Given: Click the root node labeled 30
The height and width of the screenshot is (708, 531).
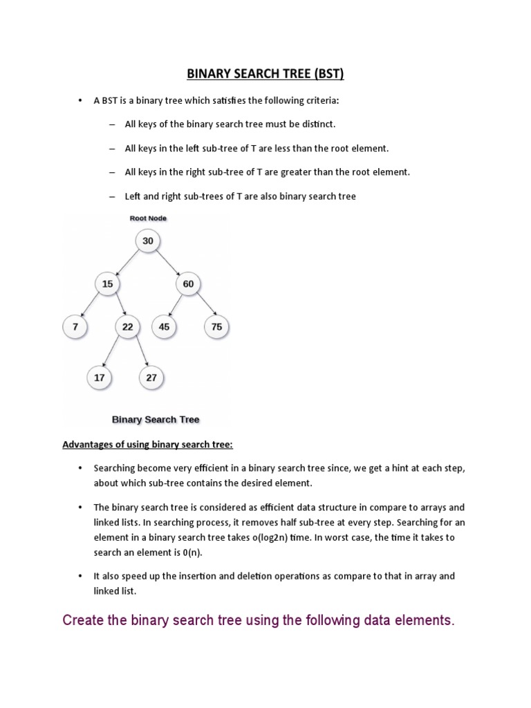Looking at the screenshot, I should click(x=148, y=241).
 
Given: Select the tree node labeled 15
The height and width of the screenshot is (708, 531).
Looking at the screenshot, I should click(x=107, y=283).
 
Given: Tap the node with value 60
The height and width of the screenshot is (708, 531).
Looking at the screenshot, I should click(x=188, y=283).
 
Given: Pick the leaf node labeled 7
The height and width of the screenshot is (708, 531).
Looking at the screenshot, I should click(x=74, y=326).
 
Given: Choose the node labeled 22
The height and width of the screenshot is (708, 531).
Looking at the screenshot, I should click(x=127, y=326).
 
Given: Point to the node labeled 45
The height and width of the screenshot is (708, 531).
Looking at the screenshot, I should click(x=164, y=326).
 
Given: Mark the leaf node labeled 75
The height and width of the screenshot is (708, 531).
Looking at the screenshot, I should click(x=217, y=326).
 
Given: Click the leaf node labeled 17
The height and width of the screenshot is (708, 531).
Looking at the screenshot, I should click(x=99, y=378).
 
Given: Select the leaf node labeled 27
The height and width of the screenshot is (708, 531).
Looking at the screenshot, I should click(x=151, y=378).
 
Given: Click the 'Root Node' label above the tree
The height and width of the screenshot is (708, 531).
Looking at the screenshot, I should click(x=148, y=218).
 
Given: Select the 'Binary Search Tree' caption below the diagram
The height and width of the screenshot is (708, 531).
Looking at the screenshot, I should click(x=156, y=420).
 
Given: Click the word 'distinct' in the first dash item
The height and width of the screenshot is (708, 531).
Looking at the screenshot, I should click(x=317, y=124).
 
